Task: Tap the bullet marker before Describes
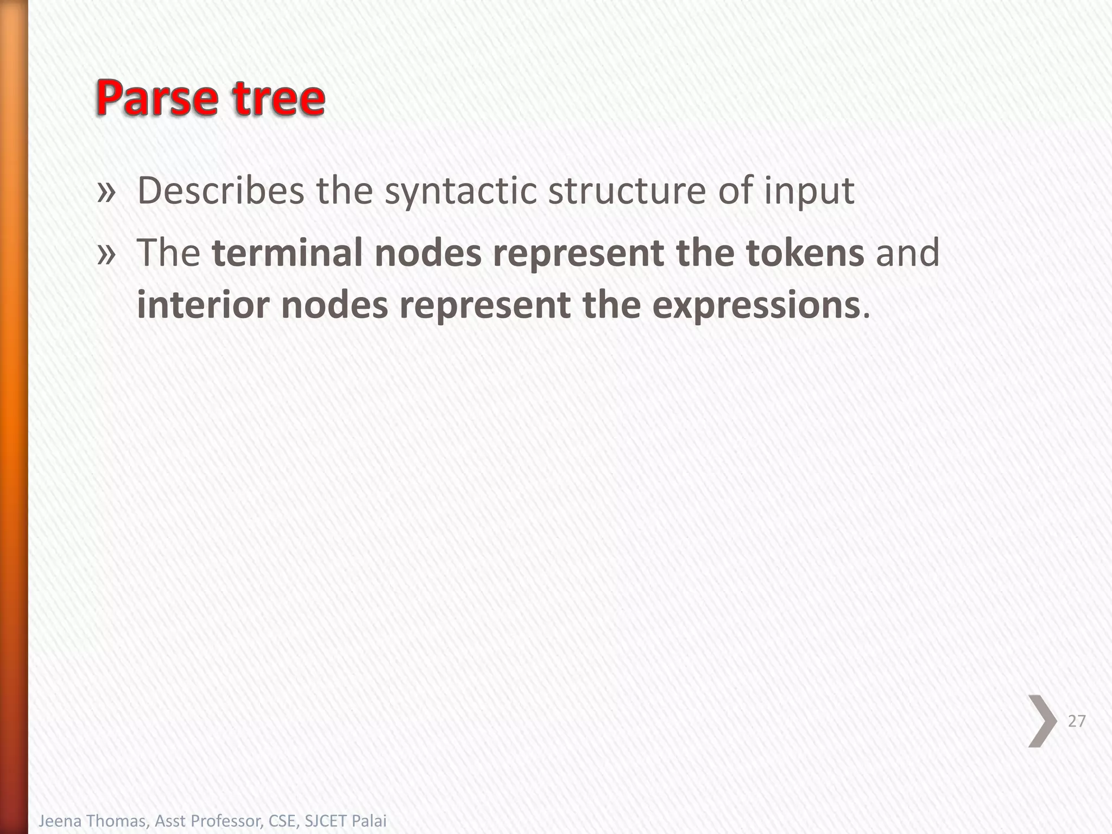click(x=106, y=192)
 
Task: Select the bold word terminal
click(x=286, y=253)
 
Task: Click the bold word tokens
click(x=805, y=253)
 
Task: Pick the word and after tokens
click(x=907, y=253)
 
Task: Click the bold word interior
click(x=203, y=305)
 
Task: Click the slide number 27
click(x=1076, y=721)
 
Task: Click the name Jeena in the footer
click(x=59, y=821)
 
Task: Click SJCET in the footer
click(x=325, y=821)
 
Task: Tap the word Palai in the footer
click(x=369, y=821)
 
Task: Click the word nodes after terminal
click(x=428, y=253)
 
